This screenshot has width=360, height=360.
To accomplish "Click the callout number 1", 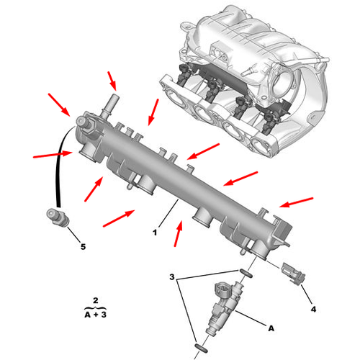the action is (155, 232).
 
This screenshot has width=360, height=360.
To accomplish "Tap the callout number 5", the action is (83, 246).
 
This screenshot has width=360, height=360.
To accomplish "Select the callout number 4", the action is (313, 309).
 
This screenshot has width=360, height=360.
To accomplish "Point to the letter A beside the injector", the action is (271, 328).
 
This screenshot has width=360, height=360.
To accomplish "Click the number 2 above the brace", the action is (96, 300).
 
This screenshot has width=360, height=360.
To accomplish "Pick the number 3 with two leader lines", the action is (172, 276).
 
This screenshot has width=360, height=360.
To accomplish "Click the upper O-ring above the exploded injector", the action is (246, 273).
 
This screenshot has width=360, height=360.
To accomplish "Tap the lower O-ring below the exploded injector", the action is (201, 348).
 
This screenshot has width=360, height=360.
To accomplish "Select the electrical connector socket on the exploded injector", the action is (222, 289).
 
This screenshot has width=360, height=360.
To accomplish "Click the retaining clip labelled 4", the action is (293, 274).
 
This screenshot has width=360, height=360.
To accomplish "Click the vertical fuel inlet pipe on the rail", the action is (112, 106).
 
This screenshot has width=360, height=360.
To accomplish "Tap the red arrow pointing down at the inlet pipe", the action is (112, 81).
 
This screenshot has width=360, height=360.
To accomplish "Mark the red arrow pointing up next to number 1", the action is (178, 233).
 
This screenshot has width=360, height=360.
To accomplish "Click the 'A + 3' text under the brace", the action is (95, 315).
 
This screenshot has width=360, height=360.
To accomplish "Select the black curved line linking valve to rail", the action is (60, 166).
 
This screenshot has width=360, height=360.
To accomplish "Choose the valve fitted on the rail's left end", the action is (85, 125).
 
